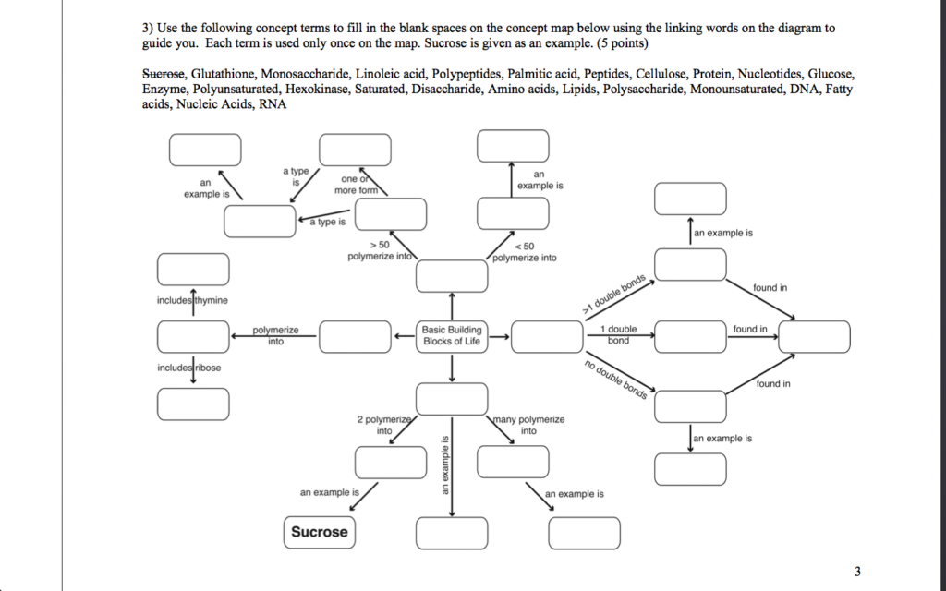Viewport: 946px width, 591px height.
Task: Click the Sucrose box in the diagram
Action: coord(320,532)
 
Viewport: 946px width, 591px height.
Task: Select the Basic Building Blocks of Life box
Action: coord(451,335)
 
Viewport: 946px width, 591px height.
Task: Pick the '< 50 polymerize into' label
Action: coord(525,252)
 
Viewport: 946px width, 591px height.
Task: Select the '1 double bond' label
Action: coord(618,334)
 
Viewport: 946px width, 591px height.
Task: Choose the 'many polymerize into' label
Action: coord(528,425)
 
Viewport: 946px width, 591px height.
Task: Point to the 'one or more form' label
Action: coord(358,184)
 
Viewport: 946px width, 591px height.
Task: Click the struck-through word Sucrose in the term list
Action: coord(164,73)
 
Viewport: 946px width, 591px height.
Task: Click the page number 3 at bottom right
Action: coord(857,572)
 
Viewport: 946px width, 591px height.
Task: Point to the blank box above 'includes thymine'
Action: coord(192,269)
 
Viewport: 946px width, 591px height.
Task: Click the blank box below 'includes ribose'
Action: coord(192,404)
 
